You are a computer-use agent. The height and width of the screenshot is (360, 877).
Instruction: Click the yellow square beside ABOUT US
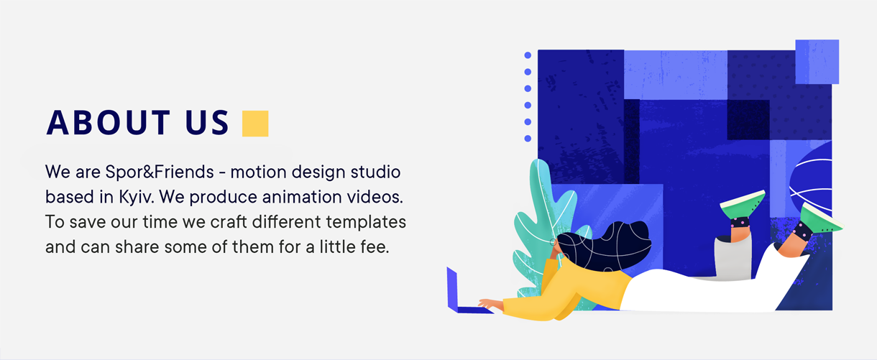(255, 124)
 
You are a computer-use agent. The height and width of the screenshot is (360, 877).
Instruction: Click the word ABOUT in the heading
(108, 123)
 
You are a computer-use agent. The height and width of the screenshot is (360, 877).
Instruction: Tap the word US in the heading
(207, 123)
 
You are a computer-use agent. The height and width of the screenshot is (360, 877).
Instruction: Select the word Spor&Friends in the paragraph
(160, 172)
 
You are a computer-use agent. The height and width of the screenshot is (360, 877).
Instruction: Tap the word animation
(302, 197)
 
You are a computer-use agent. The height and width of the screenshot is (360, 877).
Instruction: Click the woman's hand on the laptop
(490, 304)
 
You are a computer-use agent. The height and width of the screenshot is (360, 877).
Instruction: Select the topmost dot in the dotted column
(528, 55)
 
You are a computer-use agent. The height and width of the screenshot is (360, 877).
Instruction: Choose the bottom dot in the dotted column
(528, 139)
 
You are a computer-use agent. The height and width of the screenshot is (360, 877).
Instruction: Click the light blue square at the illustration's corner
(817, 61)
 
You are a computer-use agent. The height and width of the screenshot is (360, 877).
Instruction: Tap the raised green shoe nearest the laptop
(743, 204)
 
